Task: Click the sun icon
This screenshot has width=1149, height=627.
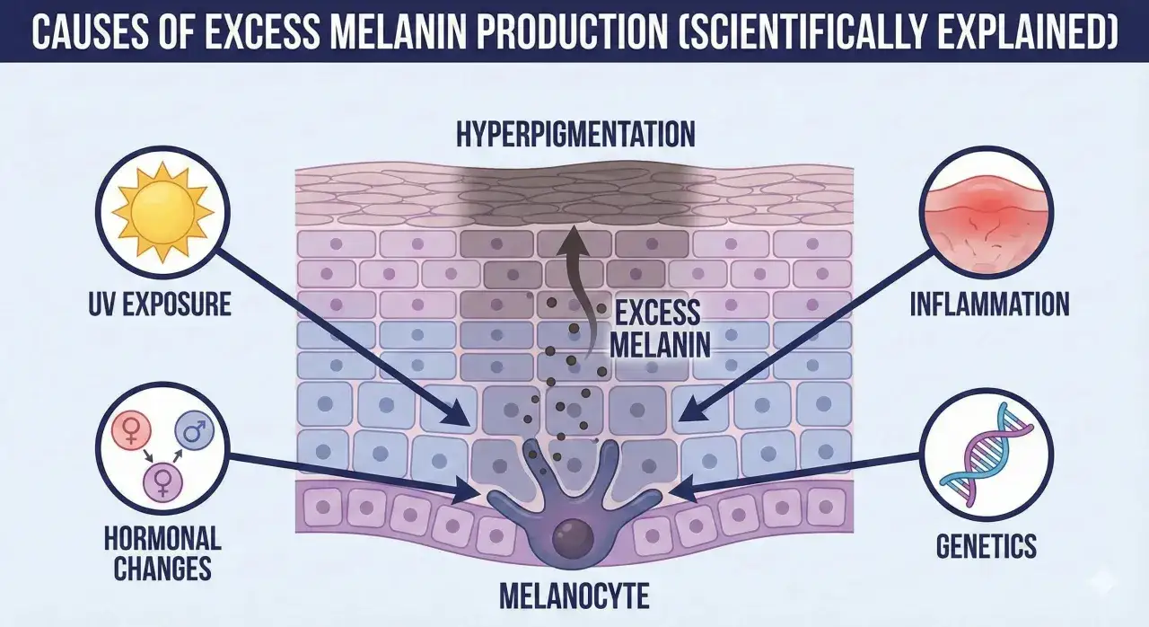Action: tap(162, 211)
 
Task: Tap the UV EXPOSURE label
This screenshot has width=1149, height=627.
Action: tap(160, 305)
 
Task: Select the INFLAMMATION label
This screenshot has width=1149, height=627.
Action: tap(989, 305)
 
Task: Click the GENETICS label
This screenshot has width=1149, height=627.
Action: tap(987, 546)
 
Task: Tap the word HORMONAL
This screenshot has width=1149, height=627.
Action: tap(162, 539)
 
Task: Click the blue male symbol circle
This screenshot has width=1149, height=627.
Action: tap(195, 432)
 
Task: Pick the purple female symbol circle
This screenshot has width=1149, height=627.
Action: tap(163, 482)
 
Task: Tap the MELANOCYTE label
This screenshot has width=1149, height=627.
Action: tap(574, 596)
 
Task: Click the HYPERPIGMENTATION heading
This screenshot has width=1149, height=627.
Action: tap(575, 134)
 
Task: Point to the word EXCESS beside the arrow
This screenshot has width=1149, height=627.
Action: tap(657, 313)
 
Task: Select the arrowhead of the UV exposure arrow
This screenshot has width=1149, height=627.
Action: tap(458, 413)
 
